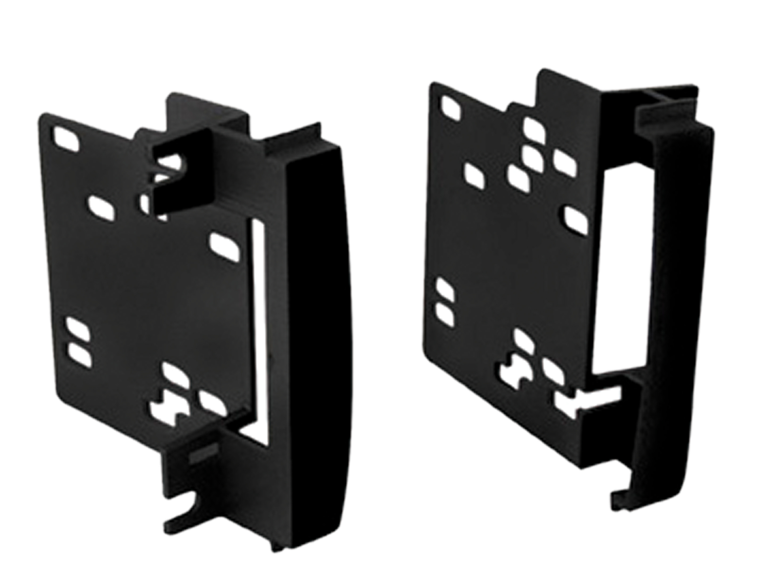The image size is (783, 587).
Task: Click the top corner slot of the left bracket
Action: (66, 138)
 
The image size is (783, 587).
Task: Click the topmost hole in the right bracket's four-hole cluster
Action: (534, 129)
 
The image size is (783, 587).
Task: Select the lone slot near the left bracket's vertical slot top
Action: (225, 243)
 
